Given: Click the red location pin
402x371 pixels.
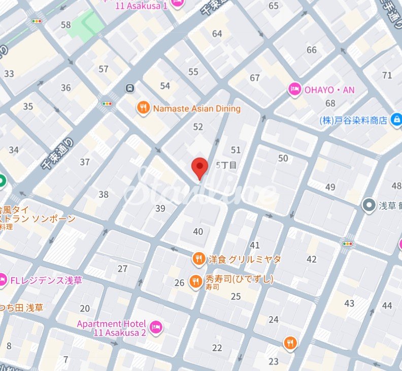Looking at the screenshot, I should pyautogui.click(x=199, y=167).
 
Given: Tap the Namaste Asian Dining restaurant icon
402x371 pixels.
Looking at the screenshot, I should pyautogui.click(x=144, y=108).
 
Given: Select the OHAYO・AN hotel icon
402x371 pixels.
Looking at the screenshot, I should pyautogui.click(x=294, y=90).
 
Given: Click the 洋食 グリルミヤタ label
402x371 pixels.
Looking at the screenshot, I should pyautogui.click(x=244, y=259).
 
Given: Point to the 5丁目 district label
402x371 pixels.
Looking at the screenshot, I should pyautogui.click(x=226, y=165).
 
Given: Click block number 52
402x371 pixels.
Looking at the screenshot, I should pyautogui.click(x=198, y=127).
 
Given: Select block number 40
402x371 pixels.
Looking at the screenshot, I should pyautogui.click(x=198, y=232).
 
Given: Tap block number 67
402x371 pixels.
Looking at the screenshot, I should pyautogui.click(x=255, y=78).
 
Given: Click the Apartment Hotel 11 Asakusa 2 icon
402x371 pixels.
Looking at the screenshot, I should pyautogui.click(x=156, y=326).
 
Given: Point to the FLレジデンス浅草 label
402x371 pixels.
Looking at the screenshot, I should pyautogui.click(x=46, y=281).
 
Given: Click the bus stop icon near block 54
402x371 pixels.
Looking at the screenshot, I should pyautogui.click(x=130, y=88).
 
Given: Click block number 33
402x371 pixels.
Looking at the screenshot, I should pyautogui.click(x=9, y=74).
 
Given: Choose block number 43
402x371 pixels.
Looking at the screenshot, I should pyautogui.click(x=349, y=303).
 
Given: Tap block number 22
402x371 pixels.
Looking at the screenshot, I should pyautogui.click(x=217, y=348).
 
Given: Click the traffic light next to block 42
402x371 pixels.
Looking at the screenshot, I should pyautogui.click(x=348, y=244).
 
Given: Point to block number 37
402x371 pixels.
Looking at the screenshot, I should pyautogui.click(x=85, y=162).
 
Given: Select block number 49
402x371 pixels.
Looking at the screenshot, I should pyautogui.click(x=330, y=187).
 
